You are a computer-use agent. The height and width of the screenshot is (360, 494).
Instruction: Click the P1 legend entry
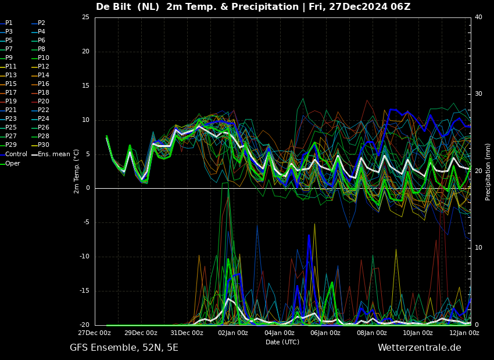[x=6, y=23]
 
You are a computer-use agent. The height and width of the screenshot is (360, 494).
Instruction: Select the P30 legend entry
[x=41, y=145]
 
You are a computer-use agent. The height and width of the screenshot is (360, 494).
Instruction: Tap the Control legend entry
[x=14, y=154]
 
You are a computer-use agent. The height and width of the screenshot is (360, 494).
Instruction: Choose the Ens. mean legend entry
[x=51, y=154]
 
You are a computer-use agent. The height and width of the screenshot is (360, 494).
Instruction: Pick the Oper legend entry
[x=10, y=163]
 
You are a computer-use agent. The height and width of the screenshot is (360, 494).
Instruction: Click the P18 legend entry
[x=41, y=92]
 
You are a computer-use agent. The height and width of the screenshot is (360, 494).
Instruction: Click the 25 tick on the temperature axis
[x=85, y=17]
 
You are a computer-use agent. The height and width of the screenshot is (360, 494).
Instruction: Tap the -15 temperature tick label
[x=84, y=291]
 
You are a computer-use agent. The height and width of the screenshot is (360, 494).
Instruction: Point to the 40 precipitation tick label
[x=478, y=17]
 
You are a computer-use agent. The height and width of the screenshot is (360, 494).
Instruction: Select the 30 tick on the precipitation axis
[x=478, y=94]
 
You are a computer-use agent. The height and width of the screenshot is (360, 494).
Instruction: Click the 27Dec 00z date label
[x=95, y=333]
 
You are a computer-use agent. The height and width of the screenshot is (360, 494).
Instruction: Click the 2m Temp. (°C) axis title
[x=76, y=171]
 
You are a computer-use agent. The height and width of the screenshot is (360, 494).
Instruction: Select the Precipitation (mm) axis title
[x=488, y=172]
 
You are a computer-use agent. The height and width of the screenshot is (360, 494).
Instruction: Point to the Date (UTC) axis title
[x=282, y=342]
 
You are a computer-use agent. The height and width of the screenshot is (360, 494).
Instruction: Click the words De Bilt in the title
[x=113, y=6]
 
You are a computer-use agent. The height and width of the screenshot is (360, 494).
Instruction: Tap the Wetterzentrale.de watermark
[x=420, y=348]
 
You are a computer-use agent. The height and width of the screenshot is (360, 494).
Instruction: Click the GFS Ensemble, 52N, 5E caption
[x=124, y=348]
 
